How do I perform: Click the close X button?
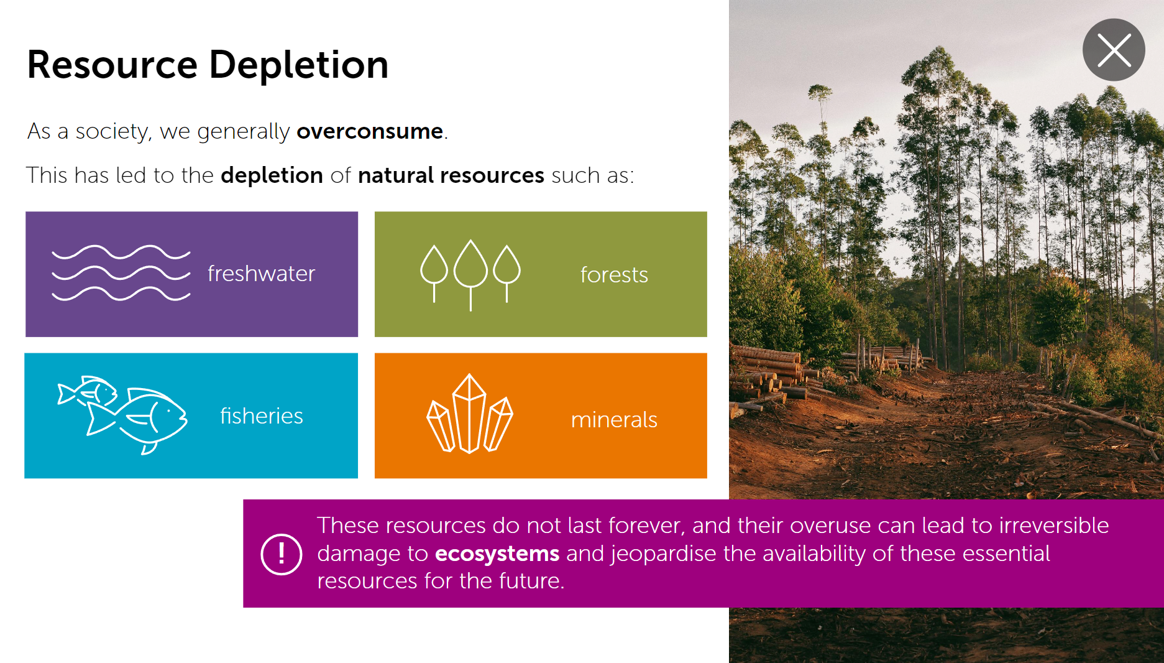(1114, 50)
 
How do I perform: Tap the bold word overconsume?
(370, 131)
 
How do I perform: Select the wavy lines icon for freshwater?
(121, 273)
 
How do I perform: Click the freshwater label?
(261, 274)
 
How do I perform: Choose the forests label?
(614, 275)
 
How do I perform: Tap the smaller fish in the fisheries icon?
(88, 391)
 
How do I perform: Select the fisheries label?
(262, 415)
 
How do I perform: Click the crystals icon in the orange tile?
(470, 414)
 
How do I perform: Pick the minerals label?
(614, 420)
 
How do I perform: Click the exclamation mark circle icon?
(282, 554)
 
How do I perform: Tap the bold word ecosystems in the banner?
(497, 554)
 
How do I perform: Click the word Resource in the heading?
(112, 65)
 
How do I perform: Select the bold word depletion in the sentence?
(272, 176)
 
